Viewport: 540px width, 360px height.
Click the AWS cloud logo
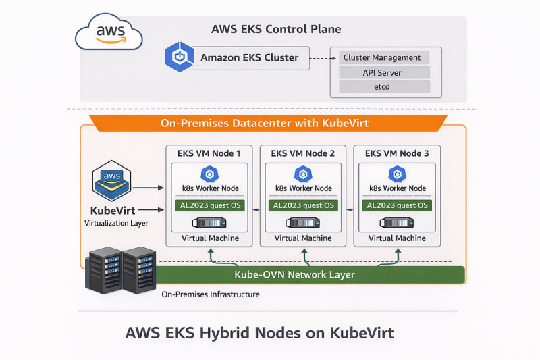tap(109, 32)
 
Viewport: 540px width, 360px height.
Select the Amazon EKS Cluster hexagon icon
tap(180, 57)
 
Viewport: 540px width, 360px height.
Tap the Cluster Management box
tap(382, 58)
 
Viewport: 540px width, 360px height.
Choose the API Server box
tap(383, 72)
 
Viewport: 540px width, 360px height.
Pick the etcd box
tap(383, 86)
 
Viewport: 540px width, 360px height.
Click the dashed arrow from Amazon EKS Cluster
tap(319, 58)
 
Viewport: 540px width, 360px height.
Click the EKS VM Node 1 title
tap(209, 153)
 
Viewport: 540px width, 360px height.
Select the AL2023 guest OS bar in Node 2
tap(302, 205)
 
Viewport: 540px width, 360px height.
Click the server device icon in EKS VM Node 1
tap(209, 223)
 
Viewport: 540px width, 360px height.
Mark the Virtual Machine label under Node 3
tap(397, 238)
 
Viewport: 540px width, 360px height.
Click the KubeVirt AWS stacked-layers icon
tap(110, 179)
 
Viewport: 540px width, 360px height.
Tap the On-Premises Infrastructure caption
tap(211, 294)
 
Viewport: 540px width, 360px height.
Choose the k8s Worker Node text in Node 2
tap(303, 188)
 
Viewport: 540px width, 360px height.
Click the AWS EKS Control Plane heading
tap(275, 30)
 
